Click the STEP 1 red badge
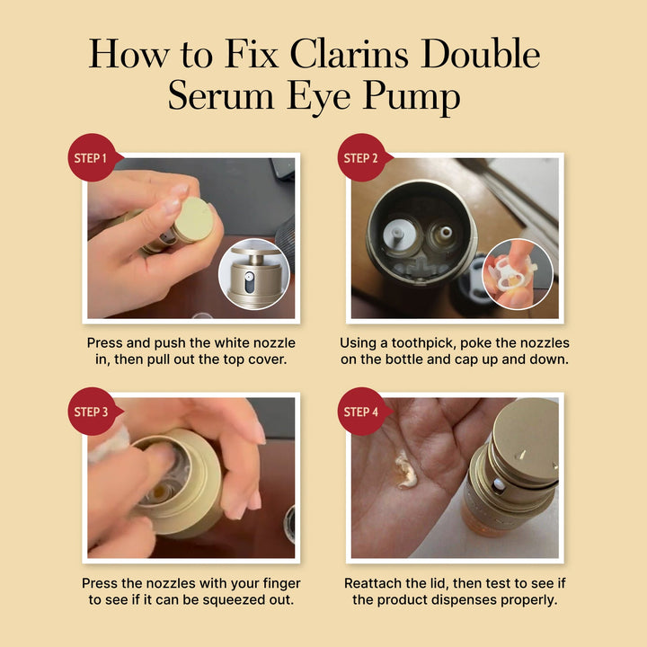point(93,157)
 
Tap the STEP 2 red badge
point(362,157)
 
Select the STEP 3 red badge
point(93,412)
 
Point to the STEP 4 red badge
point(362,412)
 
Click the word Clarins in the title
point(350,54)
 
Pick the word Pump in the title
point(412,97)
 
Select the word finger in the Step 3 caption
point(281,583)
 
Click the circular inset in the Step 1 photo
point(254,274)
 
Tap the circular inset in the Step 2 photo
point(518,274)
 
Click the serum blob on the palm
point(406,470)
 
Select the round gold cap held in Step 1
point(194,218)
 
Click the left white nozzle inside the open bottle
point(396,234)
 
